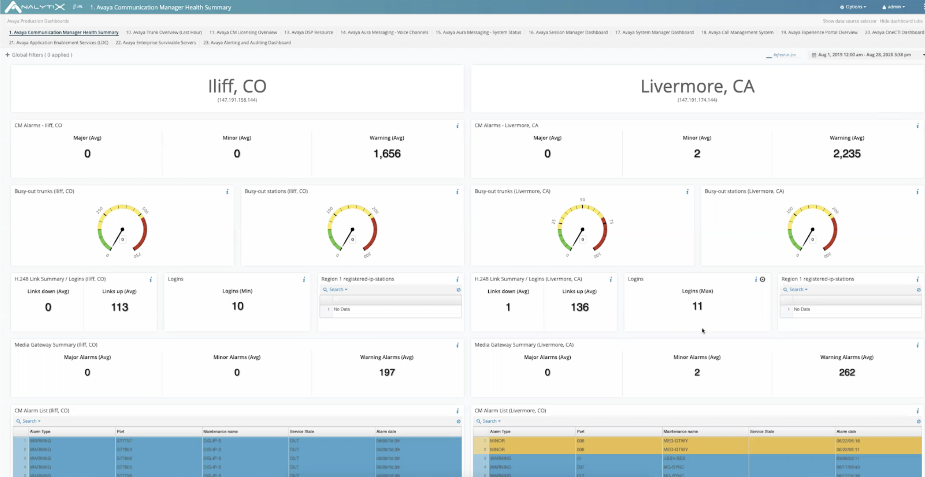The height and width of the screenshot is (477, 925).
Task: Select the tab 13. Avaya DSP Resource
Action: [309, 32]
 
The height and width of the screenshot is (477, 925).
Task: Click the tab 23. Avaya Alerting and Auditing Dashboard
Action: [247, 42]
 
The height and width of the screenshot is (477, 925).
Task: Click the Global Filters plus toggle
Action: [7, 55]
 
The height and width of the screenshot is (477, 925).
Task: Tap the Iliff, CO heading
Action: [237, 86]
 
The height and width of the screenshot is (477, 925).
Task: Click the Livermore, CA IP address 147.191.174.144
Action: [697, 100]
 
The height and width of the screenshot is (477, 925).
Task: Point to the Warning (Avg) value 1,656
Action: [387, 154]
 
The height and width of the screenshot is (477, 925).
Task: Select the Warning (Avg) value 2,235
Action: [846, 154]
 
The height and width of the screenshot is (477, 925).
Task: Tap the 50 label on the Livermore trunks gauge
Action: [582, 200]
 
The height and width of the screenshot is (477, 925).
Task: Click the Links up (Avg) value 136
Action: [579, 307]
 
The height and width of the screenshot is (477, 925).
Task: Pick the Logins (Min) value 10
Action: [237, 306]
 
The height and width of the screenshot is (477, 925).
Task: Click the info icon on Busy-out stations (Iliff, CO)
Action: [457, 192]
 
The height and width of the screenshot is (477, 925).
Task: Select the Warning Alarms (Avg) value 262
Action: [846, 372]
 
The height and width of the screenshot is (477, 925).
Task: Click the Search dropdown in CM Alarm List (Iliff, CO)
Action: [31, 421]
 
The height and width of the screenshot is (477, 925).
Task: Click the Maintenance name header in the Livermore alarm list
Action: [680, 431]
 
